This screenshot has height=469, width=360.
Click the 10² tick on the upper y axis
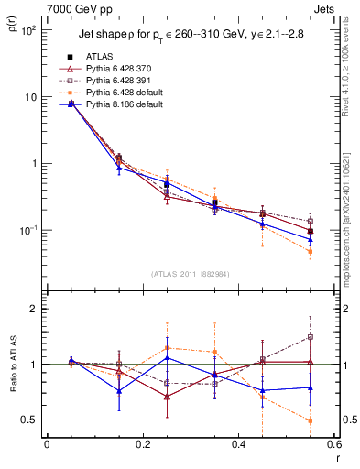click(x=29, y=30)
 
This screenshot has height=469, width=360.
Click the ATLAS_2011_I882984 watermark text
click(x=191, y=274)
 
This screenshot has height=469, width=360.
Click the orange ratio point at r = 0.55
click(x=311, y=420)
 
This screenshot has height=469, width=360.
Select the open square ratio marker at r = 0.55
click(x=311, y=336)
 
